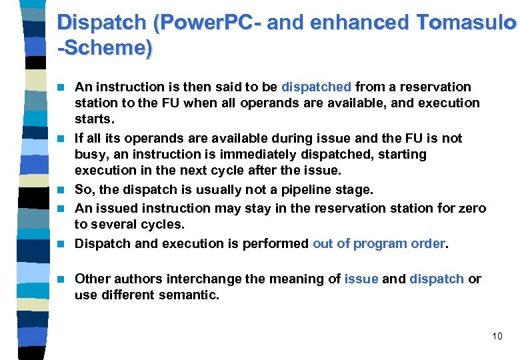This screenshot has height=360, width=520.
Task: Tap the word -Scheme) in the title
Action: (105, 48)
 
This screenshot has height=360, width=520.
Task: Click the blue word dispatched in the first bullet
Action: (316, 87)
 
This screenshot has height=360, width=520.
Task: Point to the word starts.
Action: (95, 119)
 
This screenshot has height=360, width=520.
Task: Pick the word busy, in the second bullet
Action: (93, 154)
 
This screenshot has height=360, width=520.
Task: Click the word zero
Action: (473, 208)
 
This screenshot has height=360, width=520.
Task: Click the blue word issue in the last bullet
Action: (362, 279)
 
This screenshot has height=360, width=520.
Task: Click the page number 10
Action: (497, 336)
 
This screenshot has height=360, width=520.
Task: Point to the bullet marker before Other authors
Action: (61, 279)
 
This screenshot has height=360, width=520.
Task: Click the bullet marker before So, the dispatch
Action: (61, 190)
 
